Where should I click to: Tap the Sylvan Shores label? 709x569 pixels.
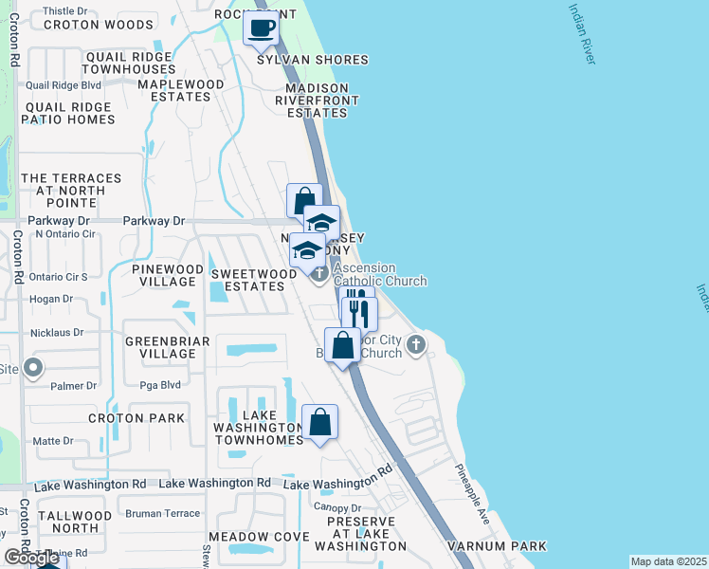pos(313,60)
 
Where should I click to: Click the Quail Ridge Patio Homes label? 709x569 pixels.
pos(70,113)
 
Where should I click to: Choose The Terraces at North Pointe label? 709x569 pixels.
pos(71,191)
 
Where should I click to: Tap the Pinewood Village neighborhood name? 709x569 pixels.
pos(168,276)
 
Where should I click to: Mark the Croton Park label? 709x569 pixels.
pos(130,418)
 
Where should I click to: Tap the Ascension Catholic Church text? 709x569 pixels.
pos(379,274)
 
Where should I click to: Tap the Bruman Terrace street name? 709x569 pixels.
pos(163,513)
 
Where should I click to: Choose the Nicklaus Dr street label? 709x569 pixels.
pos(57,334)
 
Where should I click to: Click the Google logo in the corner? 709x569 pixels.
pos(31,558)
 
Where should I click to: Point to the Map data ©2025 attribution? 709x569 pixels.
pos(668,561)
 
